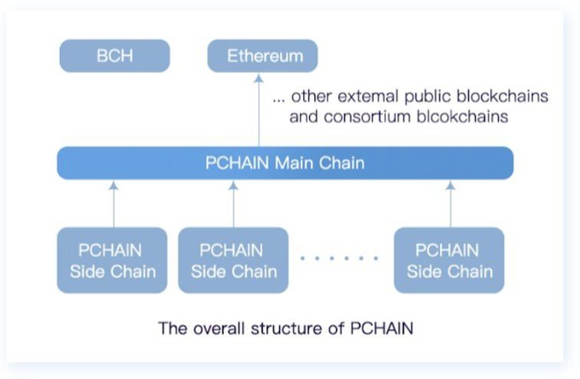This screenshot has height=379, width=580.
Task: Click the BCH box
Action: point(114,56)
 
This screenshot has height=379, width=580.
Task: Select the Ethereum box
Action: point(262,56)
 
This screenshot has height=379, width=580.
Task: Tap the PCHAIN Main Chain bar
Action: point(285,163)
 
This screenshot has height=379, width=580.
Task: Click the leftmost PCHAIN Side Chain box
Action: point(112,260)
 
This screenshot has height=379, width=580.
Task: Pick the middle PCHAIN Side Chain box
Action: point(233,260)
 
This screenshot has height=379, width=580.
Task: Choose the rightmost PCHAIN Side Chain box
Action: point(450,260)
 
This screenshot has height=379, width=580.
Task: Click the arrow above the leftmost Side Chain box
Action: point(113,203)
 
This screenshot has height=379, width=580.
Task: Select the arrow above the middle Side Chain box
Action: point(233,203)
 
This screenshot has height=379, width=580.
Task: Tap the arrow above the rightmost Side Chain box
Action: point(450,203)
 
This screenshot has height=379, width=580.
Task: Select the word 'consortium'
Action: point(359,117)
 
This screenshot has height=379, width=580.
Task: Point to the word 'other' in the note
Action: point(311,97)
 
